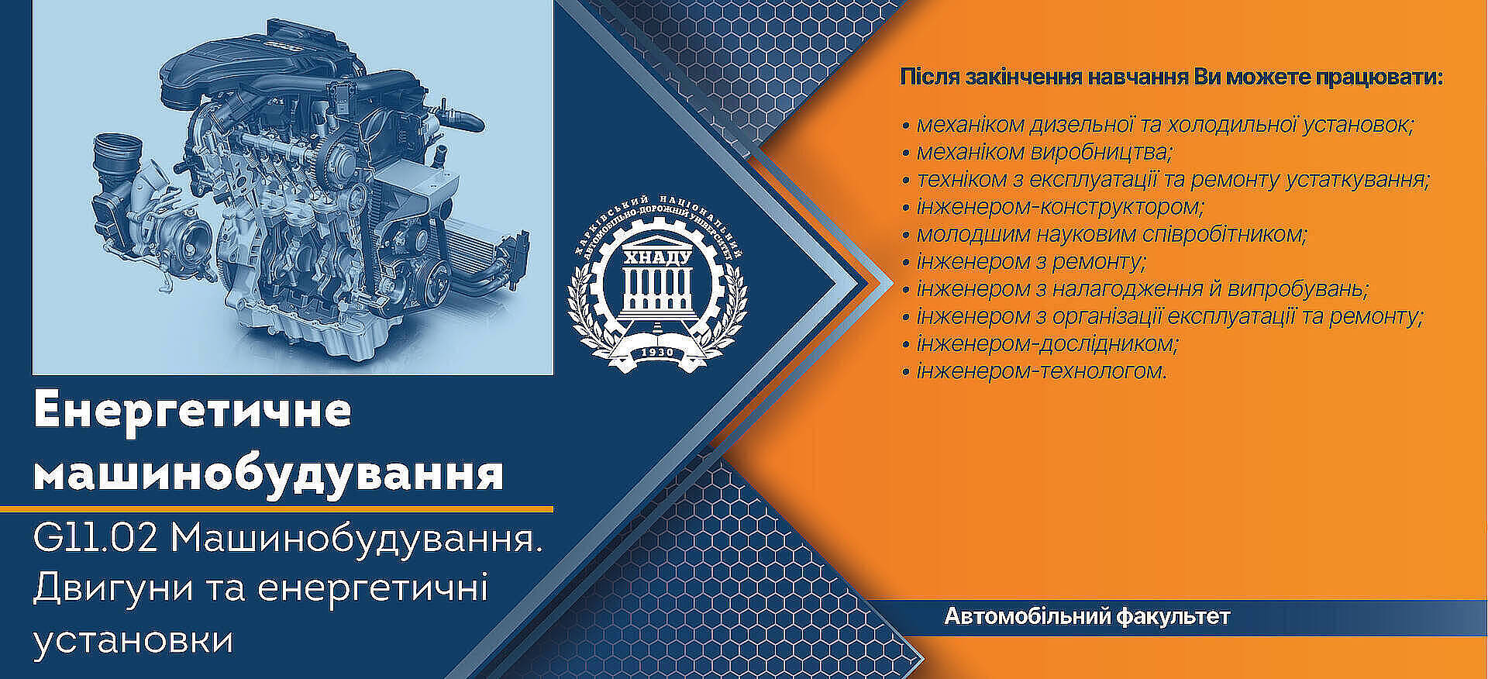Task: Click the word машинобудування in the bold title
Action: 269,473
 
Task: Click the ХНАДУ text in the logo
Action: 657,257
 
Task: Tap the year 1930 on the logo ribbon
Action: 657,353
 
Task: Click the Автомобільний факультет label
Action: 1087,617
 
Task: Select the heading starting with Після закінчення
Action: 1171,78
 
